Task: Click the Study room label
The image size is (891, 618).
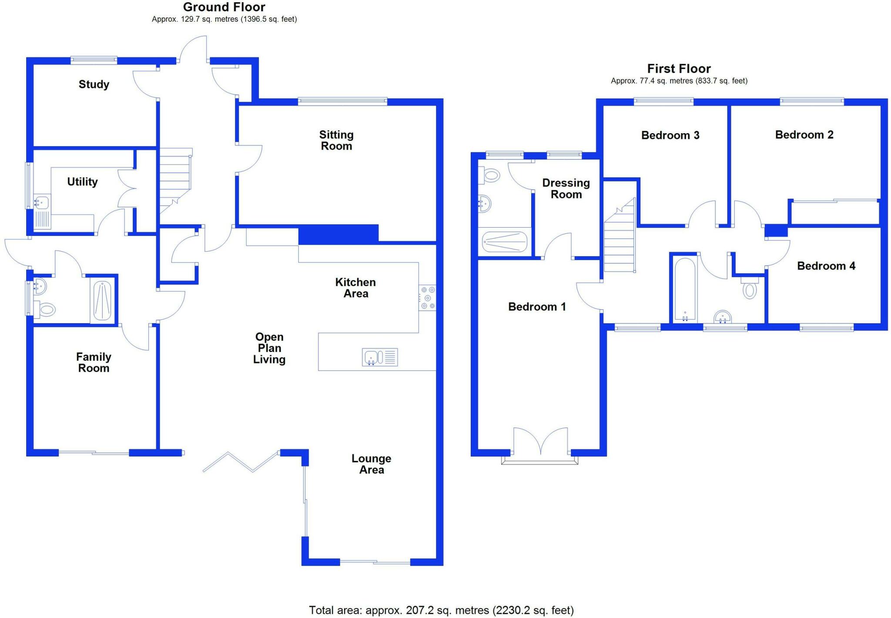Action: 94,84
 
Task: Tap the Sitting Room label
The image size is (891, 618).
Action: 336,140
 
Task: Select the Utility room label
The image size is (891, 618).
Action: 82,182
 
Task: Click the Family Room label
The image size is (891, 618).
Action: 94,363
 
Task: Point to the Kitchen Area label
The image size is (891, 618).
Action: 355,288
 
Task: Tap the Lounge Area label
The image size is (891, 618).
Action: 372,464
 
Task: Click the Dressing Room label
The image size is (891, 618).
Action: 566,188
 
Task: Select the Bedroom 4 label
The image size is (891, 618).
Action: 826,266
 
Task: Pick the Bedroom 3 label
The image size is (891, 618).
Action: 670,135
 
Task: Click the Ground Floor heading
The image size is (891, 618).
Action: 224,7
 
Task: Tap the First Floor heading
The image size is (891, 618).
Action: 679,69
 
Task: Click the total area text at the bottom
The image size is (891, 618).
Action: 441,611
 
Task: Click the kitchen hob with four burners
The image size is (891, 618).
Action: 427,298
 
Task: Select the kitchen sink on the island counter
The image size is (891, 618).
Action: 380,357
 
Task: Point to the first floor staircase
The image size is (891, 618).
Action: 620,235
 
